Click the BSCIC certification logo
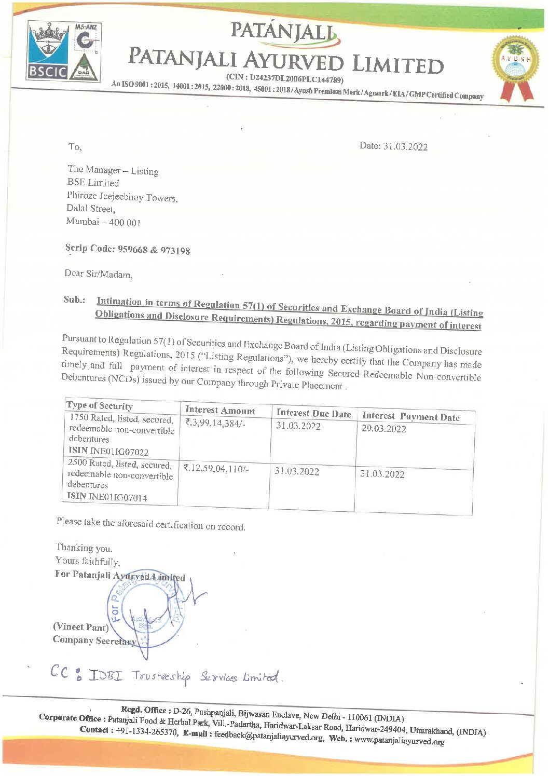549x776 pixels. click(x=47, y=51)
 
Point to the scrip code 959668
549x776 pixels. click(x=133, y=249)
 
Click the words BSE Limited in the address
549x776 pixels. click(x=93, y=183)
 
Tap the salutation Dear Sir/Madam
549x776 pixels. click(x=99, y=274)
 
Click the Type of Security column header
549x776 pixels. click(x=100, y=406)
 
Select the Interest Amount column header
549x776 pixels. click(x=220, y=411)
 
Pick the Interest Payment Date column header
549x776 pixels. click(x=410, y=416)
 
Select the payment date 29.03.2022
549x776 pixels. click(x=383, y=429)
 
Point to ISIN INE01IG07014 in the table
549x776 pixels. click(x=107, y=497)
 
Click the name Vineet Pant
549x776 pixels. click(x=80, y=627)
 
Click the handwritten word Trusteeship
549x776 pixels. click(x=161, y=676)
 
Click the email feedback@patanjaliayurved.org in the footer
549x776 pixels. click(x=269, y=736)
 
